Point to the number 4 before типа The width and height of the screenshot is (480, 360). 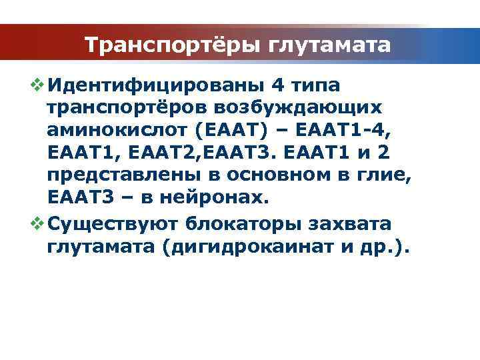(279, 86)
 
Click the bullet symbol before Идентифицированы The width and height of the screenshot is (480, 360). (37, 86)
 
